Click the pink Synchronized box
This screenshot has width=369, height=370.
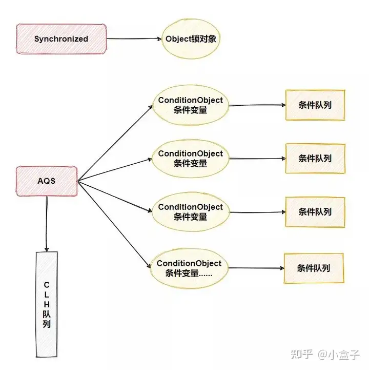(x=61, y=38)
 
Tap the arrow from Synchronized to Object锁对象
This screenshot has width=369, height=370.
(x=134, y=38)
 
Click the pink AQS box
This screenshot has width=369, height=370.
(x=47, y=181)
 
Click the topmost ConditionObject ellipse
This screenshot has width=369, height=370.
(x=190, y=105)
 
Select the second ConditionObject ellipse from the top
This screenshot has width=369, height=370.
(x=190, y=159)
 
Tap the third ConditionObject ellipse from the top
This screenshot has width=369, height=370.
(x=190, y=212)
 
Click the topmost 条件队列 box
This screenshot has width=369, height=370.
(x=315, y=105)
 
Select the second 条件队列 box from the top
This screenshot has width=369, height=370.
(x=315, y=159)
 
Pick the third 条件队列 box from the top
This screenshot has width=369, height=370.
(x=315, y=211)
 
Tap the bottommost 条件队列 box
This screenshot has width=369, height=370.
(x=313, y=268)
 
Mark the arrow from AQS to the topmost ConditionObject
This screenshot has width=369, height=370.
(x=115, y=143)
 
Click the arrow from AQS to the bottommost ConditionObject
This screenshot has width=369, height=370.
(x=115, y=224)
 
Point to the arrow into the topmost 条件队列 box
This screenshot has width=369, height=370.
(x=256, y=106)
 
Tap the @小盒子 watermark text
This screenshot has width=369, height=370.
(x=338, y=355)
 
